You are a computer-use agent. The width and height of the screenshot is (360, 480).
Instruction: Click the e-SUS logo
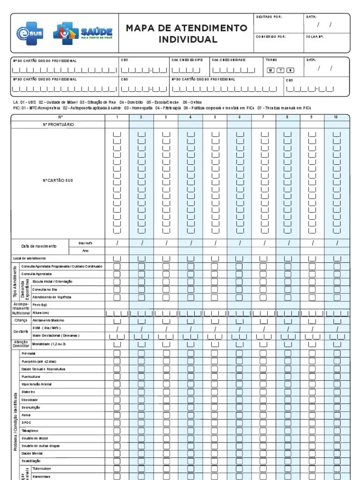coord(30,33)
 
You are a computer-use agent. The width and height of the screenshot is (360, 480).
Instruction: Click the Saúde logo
coord(82,33)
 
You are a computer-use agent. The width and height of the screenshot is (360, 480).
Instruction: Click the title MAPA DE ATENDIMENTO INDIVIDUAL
coord(187,34)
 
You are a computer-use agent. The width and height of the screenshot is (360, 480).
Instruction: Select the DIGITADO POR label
coord(270,17)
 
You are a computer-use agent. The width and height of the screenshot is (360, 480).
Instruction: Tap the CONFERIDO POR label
coord(271,37)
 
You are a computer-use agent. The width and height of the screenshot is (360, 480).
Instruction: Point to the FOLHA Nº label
coord(315,37)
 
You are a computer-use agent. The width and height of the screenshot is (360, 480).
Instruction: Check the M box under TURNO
coord(270,70)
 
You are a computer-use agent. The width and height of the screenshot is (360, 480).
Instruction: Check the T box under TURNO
coord(280,70)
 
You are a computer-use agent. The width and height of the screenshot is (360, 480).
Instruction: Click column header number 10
coord(336,117)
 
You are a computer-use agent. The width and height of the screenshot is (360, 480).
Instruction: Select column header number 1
coord(117,117)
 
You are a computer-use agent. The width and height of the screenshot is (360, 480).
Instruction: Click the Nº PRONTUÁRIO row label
coord(58,125)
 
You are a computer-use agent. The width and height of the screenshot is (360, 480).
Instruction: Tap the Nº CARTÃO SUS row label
coord(58,180)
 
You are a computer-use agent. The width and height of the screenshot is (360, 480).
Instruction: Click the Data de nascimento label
coord(39,246)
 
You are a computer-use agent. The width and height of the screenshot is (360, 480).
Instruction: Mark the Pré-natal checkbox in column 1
coord(117,353)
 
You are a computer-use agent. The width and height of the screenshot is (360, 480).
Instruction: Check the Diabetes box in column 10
coord(337,392)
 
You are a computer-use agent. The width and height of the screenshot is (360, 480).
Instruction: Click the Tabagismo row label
coord(30,430)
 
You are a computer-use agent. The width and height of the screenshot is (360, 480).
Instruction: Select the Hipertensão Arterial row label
coord(37,384)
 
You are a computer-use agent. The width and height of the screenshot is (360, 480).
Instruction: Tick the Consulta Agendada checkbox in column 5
coord(215,274)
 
